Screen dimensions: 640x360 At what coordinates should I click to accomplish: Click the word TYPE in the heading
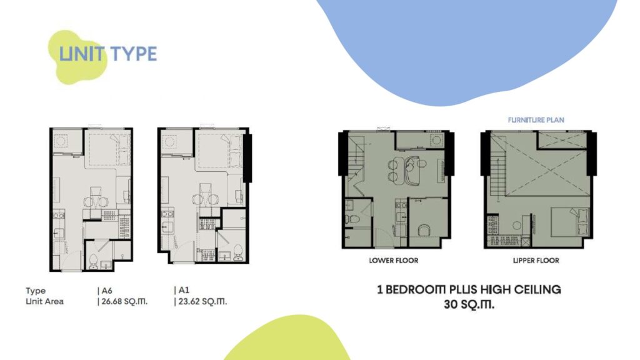134,54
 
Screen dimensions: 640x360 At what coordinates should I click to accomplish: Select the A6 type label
106,291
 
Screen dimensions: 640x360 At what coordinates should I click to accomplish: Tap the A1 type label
184,290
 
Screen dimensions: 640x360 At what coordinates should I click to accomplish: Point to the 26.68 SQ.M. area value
124,302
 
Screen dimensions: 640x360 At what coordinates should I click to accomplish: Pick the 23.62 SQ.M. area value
202,302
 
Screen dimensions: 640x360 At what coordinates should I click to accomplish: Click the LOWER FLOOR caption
394,261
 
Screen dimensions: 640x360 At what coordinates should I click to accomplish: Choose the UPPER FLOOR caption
536,261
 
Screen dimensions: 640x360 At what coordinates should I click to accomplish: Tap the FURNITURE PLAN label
536,120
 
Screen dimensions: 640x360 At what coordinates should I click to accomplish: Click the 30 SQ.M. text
469,304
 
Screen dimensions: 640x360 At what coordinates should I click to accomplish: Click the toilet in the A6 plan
94,261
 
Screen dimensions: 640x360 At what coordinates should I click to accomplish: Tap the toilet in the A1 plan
238,253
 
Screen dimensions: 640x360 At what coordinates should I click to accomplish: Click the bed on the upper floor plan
571,222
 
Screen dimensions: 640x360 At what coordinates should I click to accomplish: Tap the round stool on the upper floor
517,225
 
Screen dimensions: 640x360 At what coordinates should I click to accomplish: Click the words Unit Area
44,302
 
